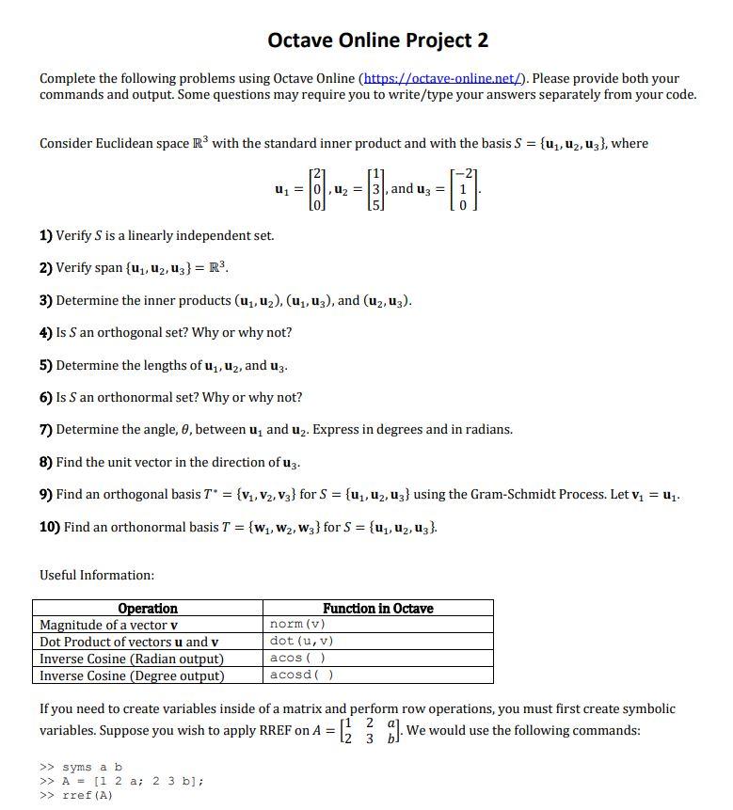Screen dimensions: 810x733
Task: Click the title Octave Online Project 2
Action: [377, 40]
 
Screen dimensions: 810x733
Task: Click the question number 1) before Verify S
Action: [46, 235]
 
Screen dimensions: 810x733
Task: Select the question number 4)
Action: [46, 332]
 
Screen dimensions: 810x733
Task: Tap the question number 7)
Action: [46, 429]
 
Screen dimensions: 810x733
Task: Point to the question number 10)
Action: [50, 527]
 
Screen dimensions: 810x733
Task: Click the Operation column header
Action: [148, 609]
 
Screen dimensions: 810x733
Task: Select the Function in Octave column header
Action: [377, 609]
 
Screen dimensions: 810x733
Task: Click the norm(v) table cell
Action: [297, 625]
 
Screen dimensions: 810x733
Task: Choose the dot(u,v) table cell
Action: [301, 642]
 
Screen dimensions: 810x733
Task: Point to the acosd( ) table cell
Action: [301, 675]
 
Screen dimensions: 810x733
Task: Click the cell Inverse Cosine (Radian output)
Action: [132, 659]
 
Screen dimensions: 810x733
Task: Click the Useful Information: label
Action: [97, 575]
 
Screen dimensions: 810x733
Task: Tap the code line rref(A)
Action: [88, 795]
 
